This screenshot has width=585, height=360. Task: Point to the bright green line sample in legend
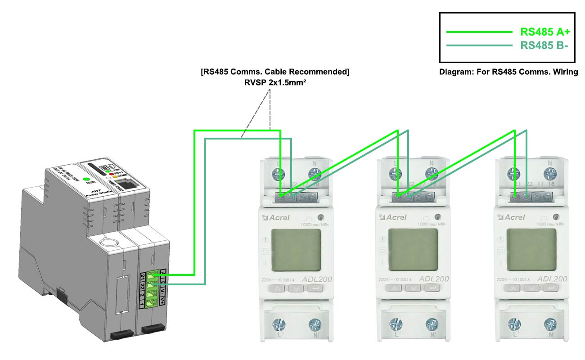point(479,32)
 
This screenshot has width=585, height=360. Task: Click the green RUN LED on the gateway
point(85,180)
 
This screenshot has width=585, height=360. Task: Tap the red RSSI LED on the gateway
point(111,173)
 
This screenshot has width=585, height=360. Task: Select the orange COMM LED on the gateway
point(115,176)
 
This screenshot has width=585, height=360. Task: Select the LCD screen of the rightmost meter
point(531,249)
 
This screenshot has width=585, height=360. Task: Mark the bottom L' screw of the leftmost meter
point(279,324)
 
